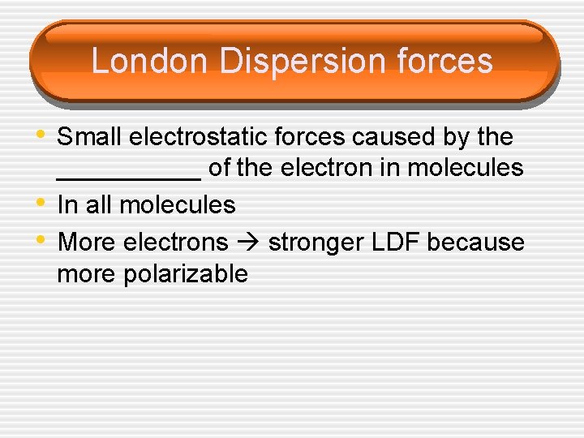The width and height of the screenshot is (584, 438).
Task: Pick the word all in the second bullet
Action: pyautogui.click(x=98, y=204)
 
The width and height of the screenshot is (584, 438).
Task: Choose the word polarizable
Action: pyautogui.click(x=186, y=274)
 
